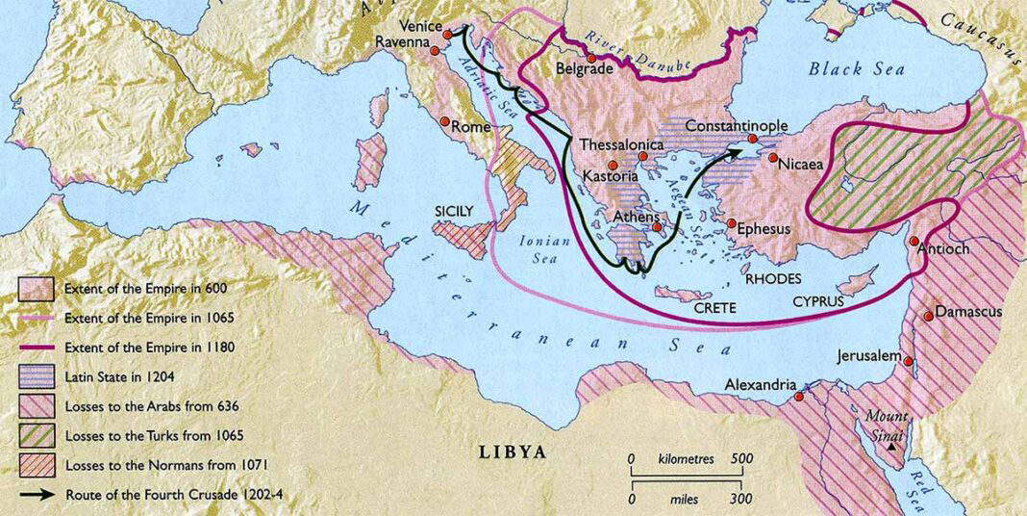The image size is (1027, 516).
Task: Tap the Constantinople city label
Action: [x=737, y=126]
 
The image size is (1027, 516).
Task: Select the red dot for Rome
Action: [x=445, y=122]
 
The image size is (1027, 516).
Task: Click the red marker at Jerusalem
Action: [x=910, y=362]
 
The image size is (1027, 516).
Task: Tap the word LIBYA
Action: [x=513, y=451]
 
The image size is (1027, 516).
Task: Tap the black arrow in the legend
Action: [x=37, y=496]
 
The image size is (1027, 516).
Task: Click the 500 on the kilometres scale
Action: [x=738, y=459]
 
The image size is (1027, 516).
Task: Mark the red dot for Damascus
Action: [x=929, y=316]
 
